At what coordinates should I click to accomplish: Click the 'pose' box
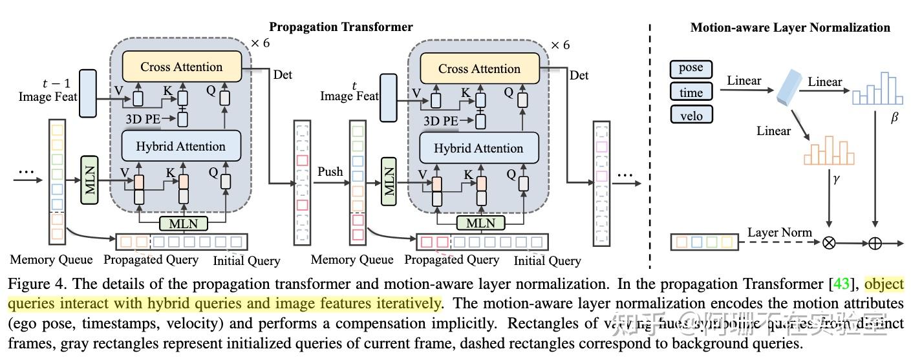(691, 69)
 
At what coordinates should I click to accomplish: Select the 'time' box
(691, 92)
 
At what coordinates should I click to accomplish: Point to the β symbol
(894, 120)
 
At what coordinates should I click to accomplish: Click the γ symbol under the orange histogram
(836, 179)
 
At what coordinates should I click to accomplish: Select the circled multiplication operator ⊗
(828, 243)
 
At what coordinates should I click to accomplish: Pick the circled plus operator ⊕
(875, 243)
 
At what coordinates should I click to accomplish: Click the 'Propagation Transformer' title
(341, 26)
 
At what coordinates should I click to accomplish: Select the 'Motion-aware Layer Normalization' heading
(790, 27)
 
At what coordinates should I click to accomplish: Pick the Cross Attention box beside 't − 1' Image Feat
(181, 67)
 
